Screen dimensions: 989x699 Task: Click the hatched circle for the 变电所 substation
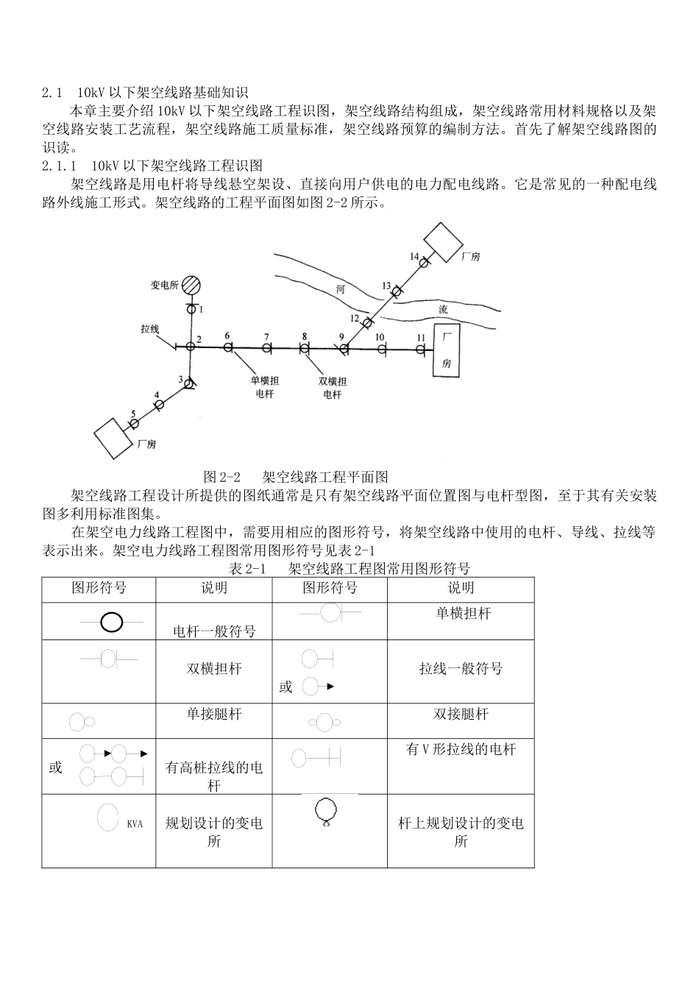(192, 285)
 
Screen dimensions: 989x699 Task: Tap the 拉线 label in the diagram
(150, 329)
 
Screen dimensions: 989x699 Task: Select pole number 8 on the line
(305, 347)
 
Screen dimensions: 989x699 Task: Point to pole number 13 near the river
(396, 292)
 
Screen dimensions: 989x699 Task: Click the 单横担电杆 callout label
(265, 386)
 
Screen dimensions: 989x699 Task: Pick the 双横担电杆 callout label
(333, 387)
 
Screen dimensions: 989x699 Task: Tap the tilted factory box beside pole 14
(443, 240)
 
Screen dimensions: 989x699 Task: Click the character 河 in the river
(340, 289)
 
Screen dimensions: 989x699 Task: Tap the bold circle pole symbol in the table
(111, 623)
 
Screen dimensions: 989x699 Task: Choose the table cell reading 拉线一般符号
(461, 669)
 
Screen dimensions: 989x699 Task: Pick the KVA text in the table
(135, 824)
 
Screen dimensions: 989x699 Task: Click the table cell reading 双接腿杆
(461, 715)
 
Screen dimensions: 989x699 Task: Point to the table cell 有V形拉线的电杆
(461, 750)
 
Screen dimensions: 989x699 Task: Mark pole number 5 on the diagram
(133, 423)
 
